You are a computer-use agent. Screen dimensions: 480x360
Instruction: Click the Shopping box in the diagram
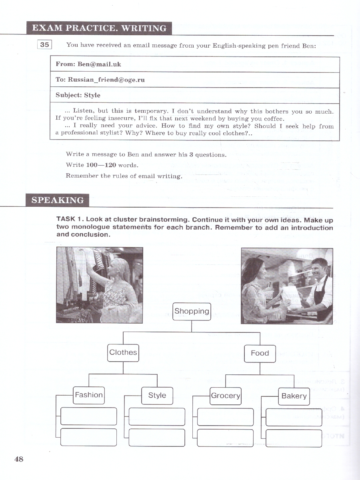(x=192, y=311)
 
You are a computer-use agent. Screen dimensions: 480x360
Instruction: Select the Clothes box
(x=123, y=352)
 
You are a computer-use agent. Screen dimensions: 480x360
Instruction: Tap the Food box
(x=260, y=353)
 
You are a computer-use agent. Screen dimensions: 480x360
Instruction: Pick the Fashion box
(x=89, y=395)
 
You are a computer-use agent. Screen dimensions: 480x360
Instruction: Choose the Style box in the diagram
(x=157, y=396)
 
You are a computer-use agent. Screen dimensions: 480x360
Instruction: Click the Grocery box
(x=226, y=396)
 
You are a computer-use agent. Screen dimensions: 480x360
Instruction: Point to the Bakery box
(x=294, y=396)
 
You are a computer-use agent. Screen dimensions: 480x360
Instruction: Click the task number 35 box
(x=44, y=45)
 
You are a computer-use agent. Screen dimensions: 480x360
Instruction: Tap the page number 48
(x=19, y=459)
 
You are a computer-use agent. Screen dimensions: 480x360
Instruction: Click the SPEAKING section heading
(x=58, y=200)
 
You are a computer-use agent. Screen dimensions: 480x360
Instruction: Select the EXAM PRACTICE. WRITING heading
(x=99, y=28)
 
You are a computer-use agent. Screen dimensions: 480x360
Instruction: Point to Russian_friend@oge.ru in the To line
(x=106, y=80)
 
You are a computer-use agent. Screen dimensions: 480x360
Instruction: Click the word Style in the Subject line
(x=92, y=95)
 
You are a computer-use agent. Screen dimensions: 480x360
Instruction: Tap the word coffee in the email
(x=273, y=119)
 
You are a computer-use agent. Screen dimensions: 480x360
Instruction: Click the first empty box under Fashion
(x=89, y=416)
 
